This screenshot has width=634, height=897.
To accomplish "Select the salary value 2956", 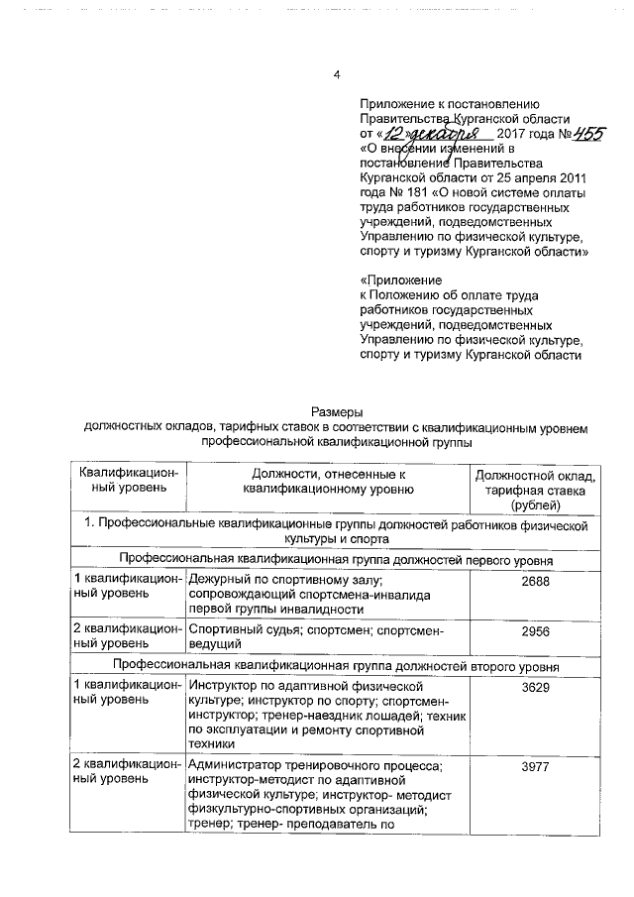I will (x=534, y=629).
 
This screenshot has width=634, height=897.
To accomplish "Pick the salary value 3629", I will (x=534, y=686).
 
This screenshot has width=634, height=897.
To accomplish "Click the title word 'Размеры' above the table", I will (x=336, y=412).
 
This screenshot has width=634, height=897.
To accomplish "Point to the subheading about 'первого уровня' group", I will (x=336, y=560).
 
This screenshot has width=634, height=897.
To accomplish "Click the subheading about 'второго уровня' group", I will (x=336, y=667).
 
